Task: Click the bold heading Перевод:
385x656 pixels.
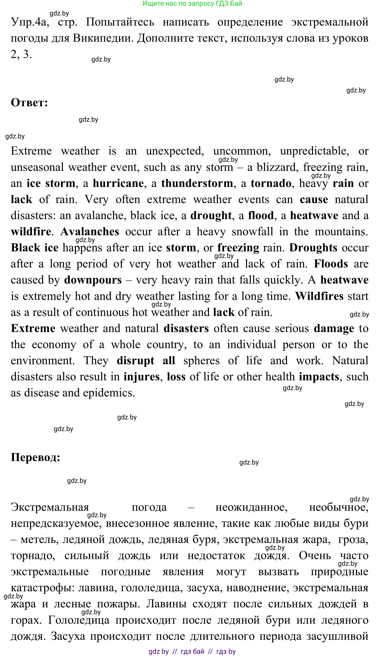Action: click(35, 457)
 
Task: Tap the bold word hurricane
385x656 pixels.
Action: click(118, 183)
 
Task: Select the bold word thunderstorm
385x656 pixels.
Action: click(197, 183)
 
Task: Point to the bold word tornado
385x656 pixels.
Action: click(271, 183)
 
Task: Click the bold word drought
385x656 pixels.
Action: click(211, 216)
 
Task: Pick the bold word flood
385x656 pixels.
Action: click(261, 216)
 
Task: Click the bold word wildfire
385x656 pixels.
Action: click(31, 232)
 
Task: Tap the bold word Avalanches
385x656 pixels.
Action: click(90, 232)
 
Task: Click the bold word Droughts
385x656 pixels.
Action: click(313, 248)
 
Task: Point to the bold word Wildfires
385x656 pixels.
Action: click(319, 296)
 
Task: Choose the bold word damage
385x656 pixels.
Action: click(334, 328)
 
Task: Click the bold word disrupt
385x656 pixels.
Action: click(135, 361)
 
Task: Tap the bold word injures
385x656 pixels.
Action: click(141, 377)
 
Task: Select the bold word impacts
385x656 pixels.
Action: click(319, 377)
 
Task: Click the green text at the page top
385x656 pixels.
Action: click(192, 3)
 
